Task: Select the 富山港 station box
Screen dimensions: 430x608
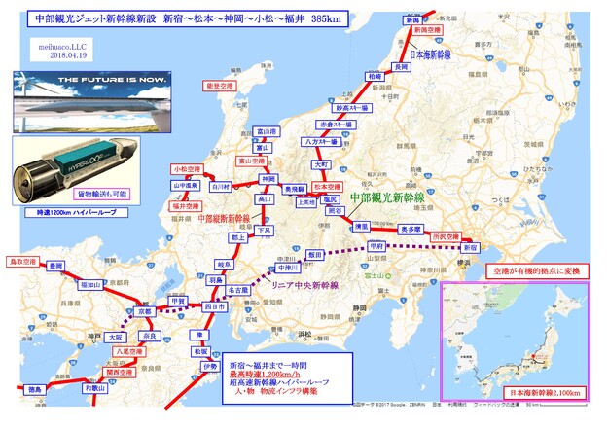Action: pos(266,131)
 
